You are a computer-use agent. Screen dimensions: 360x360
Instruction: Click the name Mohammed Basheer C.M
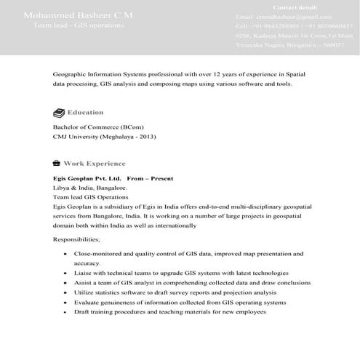[78, 15]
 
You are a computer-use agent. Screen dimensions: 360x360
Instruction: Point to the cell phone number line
[294, 25]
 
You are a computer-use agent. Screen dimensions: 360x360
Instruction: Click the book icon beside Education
[58, 113]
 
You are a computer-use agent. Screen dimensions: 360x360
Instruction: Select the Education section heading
[85, 113]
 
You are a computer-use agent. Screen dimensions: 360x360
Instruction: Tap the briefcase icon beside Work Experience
[57, 164]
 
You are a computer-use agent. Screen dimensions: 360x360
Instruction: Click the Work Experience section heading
[94, 164]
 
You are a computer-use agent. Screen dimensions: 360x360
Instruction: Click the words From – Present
[150, 178]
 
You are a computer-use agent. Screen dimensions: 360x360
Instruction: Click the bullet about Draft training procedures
[170, 311]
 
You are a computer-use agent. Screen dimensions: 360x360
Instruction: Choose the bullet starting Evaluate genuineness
[175, 302]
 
